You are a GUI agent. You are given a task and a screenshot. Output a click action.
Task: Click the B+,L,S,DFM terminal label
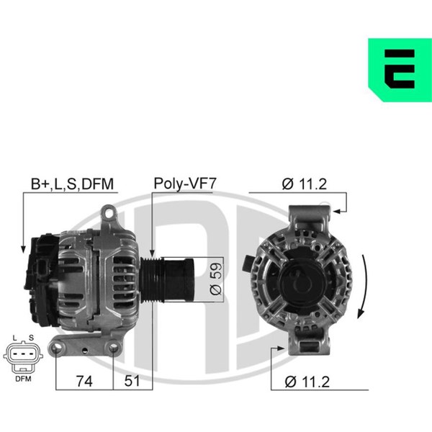point(72,184)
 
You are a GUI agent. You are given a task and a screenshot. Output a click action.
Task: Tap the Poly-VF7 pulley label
point(185,184)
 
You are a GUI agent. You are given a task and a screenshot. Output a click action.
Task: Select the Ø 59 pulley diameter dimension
point(215,278)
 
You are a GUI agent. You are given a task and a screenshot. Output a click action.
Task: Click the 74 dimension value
point(84,382)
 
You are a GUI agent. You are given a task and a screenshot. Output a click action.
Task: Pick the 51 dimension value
point(132,381)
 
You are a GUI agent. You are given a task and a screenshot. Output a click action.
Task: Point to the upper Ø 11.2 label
point(305,184)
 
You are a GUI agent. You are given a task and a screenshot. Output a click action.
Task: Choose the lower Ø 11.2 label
point(307,382)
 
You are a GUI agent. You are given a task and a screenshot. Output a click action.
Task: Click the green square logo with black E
point(400,70)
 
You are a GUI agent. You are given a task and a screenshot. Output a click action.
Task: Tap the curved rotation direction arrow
point(364,287)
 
